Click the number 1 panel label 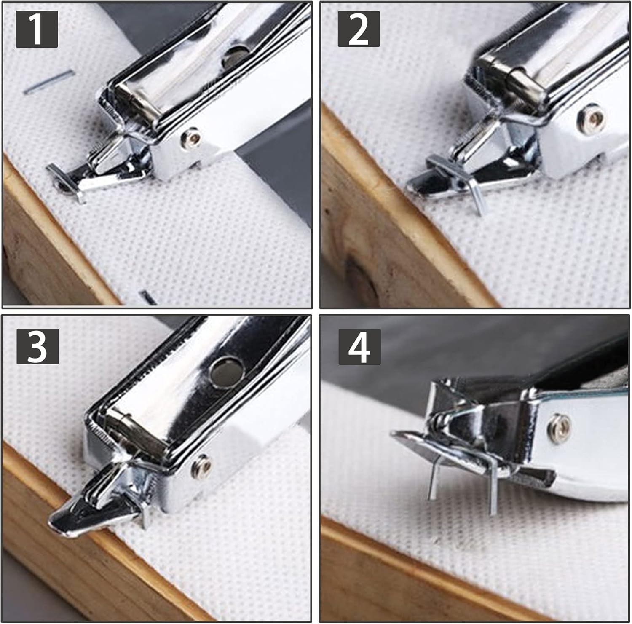point(37,29)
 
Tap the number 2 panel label point(359,29)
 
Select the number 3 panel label point(37,346)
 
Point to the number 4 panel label point(359,347)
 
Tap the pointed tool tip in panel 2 point(415,185)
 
